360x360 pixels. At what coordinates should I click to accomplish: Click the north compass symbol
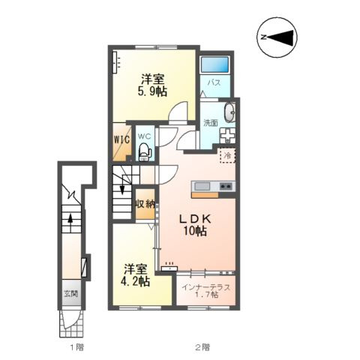tap(277, 37)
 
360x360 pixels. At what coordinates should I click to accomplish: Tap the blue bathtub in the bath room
tap(215, 64)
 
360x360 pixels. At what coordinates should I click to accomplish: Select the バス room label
tap(214, 82)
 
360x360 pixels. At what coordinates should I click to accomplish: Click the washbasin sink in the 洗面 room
tap(229, 112)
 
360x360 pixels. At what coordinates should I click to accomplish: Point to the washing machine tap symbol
tap(227, 136)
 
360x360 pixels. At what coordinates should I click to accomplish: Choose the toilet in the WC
tap(145, 151)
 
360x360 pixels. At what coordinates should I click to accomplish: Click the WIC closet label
tap(122, 139)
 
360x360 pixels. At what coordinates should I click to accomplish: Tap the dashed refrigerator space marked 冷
tap(227, 155)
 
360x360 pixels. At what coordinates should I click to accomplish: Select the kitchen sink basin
tap(202, 186)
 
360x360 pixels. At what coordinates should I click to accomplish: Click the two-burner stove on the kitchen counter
tap(226, 186)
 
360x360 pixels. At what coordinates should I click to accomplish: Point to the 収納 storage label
tap(145, 204)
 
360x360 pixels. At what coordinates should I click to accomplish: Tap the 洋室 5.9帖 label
tap(152, 85)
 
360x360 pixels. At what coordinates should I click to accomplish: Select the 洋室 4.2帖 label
tap(135, 275)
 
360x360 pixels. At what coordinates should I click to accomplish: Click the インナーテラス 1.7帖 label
tap(205, 291)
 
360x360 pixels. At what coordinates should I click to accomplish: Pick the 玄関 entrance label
tap(71, 294)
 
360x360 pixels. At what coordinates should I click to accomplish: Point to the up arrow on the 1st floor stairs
tap(70, 220)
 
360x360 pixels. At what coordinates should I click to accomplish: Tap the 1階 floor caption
tap(76, 347)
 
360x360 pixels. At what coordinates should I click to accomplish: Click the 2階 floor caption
tap(202, 347)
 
